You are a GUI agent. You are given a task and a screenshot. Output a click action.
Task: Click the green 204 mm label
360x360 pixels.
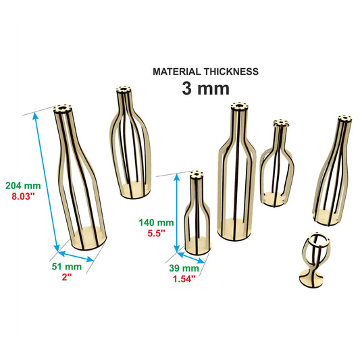23,186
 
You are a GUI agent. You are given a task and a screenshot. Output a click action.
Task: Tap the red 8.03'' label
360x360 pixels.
23,197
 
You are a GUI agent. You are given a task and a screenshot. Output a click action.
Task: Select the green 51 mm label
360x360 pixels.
67,267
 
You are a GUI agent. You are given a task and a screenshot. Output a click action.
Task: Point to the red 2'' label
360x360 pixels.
67,277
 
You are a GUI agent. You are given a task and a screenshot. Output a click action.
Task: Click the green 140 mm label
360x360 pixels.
156,222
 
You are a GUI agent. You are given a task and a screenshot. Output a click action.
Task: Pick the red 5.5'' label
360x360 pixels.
156,233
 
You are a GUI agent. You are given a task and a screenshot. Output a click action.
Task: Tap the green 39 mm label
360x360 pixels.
184,268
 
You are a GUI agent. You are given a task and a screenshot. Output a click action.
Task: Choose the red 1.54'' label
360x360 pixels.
184,279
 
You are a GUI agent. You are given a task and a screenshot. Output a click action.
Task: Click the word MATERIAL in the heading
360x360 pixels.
177,72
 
